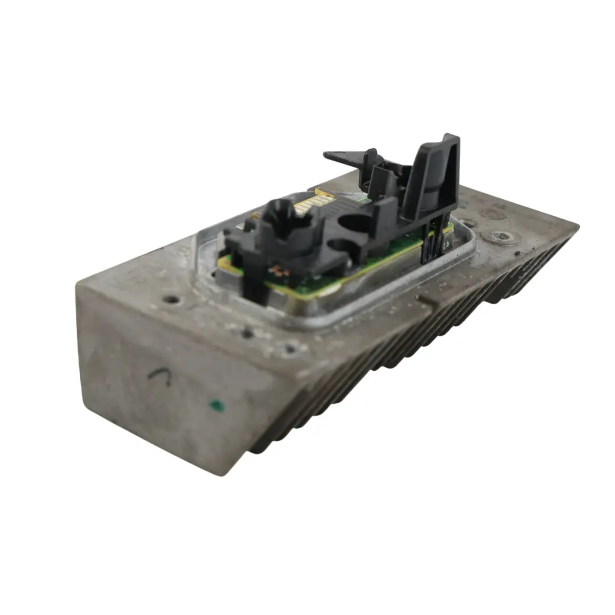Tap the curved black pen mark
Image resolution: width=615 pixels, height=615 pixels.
coord(160,375)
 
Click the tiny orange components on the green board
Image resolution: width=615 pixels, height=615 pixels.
coord(277,270)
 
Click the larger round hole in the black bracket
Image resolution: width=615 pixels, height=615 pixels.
coord(352,220)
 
